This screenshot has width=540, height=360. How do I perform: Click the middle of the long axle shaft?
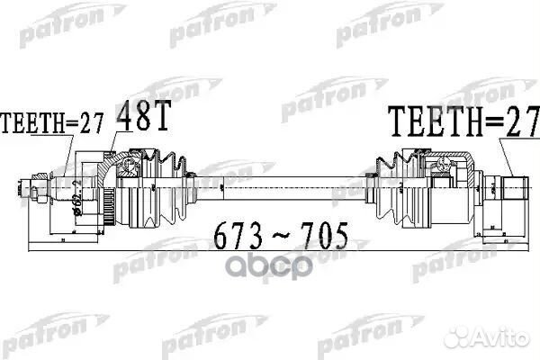coord(279,188)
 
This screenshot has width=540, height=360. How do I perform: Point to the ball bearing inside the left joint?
coord(128,167)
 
